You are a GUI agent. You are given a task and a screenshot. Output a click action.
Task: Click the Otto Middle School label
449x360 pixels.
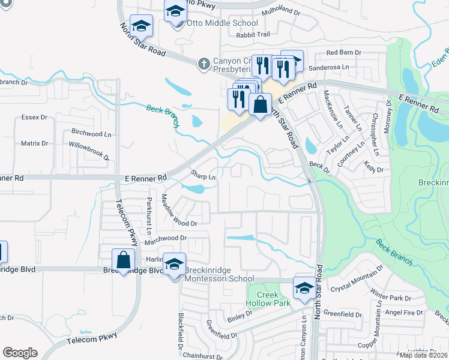point(223,23)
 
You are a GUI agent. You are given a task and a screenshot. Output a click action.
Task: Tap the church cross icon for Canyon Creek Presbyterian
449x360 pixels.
point(204,63)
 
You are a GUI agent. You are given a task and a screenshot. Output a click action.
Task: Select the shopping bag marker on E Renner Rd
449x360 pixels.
point(260,105)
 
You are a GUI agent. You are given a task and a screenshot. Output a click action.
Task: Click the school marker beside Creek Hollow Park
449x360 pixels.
point(304,288)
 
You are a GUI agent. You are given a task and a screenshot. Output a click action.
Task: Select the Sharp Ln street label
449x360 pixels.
point(203,175)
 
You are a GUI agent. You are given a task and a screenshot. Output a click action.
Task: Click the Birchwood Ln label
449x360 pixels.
point(91,133)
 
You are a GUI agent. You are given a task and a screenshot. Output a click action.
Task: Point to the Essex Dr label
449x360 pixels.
point(34,117)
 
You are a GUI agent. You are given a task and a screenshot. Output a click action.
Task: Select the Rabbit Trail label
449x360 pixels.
point(254,34)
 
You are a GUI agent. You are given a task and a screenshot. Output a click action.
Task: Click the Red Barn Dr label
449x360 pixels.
point(343,53)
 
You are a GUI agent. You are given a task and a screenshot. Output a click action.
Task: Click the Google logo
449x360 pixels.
point(20,353)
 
